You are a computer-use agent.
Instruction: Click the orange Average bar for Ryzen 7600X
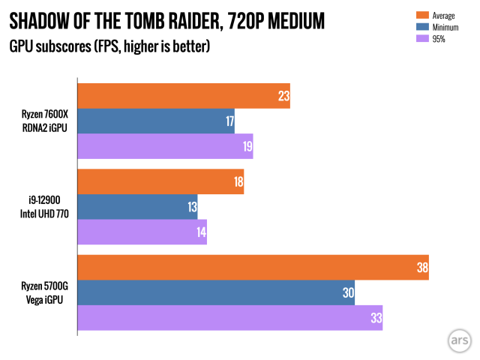pos(184,96)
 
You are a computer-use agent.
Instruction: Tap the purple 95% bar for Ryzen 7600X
pos(165,146)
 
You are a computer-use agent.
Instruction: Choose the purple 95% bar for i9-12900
pos(142,232)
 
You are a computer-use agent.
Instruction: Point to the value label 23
pos(282,96)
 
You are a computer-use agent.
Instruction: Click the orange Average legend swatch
pos(421,15)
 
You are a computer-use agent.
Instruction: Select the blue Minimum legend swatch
pos(421,27)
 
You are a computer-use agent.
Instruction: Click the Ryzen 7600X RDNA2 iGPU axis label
pos(44,121)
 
